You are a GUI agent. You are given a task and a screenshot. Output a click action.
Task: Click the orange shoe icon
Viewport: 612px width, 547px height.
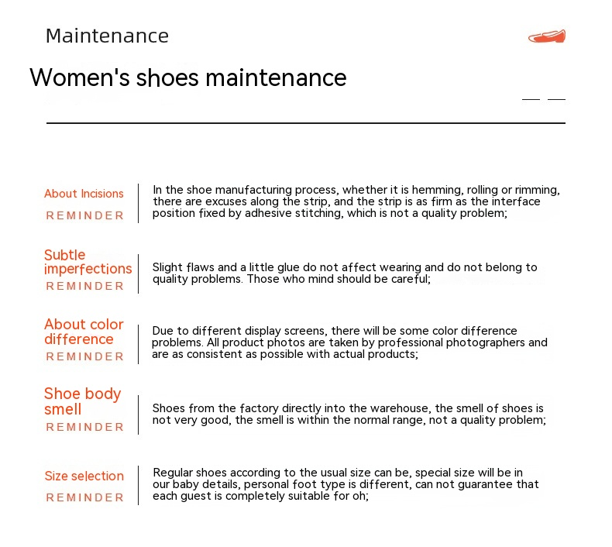pos(547,36)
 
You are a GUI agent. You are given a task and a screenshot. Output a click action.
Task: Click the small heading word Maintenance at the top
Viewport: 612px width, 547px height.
pos(107,36)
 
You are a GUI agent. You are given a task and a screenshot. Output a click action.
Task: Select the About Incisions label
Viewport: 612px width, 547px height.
pos(84,194)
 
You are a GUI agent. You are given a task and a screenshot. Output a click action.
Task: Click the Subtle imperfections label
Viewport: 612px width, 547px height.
pos(88,262)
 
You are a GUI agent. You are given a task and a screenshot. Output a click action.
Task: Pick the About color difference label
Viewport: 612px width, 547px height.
pos(84,332)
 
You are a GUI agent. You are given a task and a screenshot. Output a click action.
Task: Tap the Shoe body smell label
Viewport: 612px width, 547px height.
pos(82,401)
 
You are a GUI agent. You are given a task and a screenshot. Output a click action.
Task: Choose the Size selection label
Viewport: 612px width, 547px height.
pos(84,476)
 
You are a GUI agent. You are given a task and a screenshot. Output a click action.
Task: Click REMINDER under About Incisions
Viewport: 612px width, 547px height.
pos(84,215)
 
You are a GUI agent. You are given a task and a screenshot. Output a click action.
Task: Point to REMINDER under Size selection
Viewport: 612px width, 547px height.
pos(84,497)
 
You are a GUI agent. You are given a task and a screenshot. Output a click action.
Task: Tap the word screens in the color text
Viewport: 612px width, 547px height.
pos(304,331)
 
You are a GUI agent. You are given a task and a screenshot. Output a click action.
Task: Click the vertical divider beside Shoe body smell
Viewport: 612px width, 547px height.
pos(138,415)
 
